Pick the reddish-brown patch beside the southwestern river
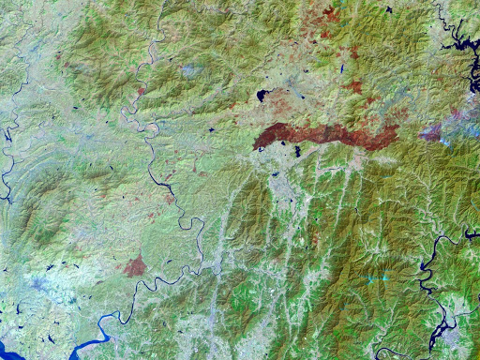(135, 265)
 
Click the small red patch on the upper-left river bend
(142, 92)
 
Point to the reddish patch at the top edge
(331, 14)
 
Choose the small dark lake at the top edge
(388, 9)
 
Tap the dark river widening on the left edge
(7, 178)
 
